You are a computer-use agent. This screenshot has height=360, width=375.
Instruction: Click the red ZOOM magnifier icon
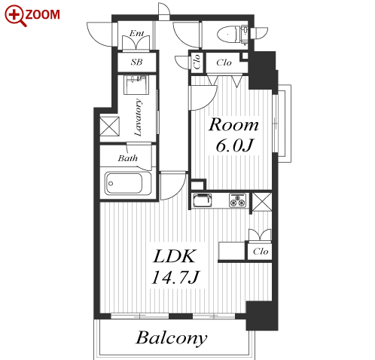[x=14, y=16]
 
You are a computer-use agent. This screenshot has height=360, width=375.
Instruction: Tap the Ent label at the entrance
[x=137, y=33]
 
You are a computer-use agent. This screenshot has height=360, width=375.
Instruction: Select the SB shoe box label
[x=137, y=62]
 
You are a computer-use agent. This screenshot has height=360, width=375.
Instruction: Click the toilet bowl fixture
[x=229, y=35]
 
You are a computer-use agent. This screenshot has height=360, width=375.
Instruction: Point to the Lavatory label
[x=139, y=117]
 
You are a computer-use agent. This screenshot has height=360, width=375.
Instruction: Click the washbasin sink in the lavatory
[x=136, y=84]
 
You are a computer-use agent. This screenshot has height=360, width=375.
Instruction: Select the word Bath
[x=128, y=158]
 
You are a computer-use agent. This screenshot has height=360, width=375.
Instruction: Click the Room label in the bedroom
[x=233, y=124]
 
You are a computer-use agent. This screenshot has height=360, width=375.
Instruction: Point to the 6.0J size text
[x=235, y=145]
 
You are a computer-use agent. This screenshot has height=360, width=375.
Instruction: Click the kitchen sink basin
[x=202, y=200]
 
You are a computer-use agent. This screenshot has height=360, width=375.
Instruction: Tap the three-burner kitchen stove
[x=237, y=200]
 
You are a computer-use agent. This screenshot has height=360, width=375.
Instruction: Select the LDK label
[x=174, y=256]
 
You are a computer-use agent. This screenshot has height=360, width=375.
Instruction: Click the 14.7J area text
[x=175, y=277]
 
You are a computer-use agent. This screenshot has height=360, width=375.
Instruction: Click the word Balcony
[x=172, y=338]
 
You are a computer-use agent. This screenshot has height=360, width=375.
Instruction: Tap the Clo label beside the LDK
[x=261, y=252]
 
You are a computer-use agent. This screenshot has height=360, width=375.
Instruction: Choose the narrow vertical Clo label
[x=197, y=62]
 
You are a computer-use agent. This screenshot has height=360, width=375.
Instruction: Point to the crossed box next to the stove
[x=262, y=202]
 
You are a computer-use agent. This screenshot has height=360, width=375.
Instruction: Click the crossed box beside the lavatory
[x=109, y=127]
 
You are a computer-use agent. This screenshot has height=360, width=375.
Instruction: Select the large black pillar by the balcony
[x=262, y=316]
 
